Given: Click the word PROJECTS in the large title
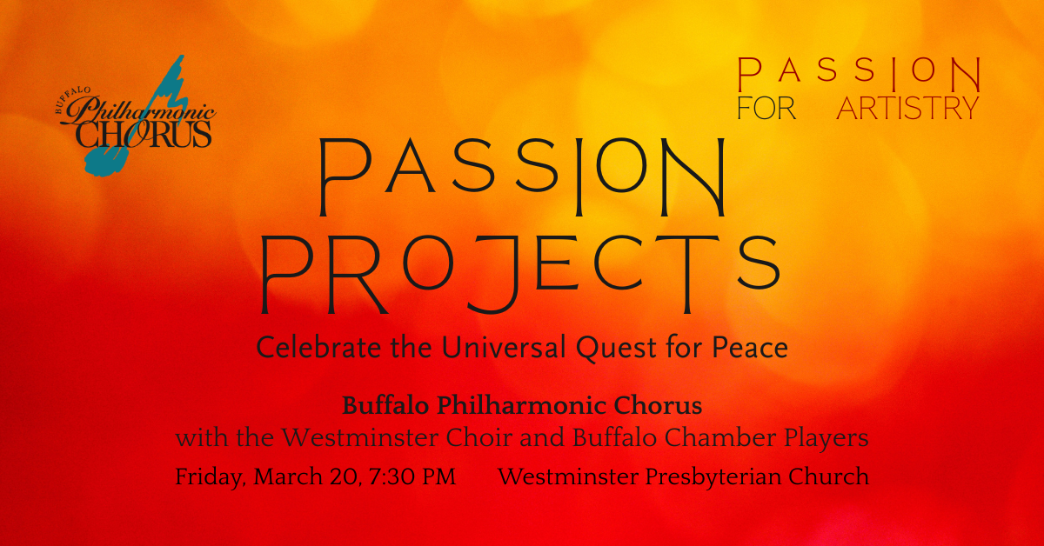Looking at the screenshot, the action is coord(519,274).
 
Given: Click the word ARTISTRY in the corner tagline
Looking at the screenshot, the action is coord(907,108).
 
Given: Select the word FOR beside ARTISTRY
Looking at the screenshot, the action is coord(766,108).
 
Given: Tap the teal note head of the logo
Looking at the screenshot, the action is coord(106,161).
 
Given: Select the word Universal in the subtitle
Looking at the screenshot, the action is coord(504,347).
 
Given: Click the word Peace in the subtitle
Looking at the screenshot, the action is coord(750,347).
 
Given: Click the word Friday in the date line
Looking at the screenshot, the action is coord(211,477).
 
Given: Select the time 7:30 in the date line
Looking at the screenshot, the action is coord(391,477).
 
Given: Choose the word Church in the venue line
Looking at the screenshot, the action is coord(828,476).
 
